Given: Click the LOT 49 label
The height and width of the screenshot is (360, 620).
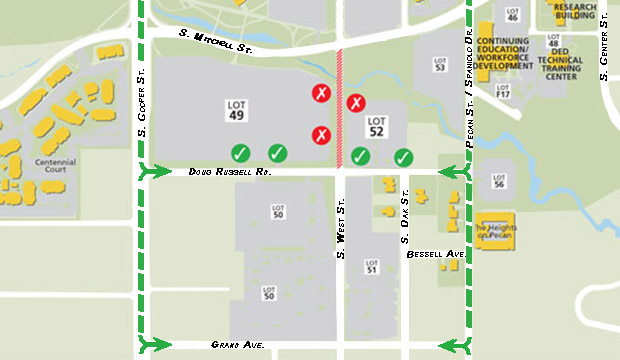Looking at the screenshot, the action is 237,110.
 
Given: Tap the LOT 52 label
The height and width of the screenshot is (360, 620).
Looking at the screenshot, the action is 376,125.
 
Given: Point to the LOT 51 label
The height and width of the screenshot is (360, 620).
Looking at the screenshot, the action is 371,267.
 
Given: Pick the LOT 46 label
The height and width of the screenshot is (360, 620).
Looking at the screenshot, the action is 513,15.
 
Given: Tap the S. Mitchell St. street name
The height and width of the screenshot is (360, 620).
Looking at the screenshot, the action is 215,39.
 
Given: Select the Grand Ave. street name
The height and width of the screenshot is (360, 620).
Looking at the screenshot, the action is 238,345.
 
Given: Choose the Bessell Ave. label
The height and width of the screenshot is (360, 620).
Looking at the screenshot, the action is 436,255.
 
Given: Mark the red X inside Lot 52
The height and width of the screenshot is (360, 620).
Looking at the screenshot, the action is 357,102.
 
